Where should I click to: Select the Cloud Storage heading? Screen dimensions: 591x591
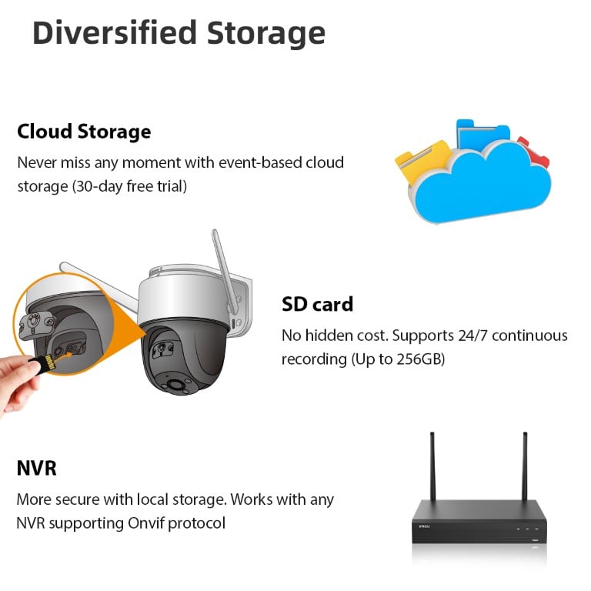[84, 132]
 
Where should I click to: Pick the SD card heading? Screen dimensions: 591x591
[317, 304]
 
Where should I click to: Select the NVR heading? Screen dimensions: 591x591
[36, 469]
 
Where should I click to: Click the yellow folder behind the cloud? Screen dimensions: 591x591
[419, 159]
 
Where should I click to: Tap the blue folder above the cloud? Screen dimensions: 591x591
[482, 134]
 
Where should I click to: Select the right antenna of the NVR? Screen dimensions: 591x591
[526, 466]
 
